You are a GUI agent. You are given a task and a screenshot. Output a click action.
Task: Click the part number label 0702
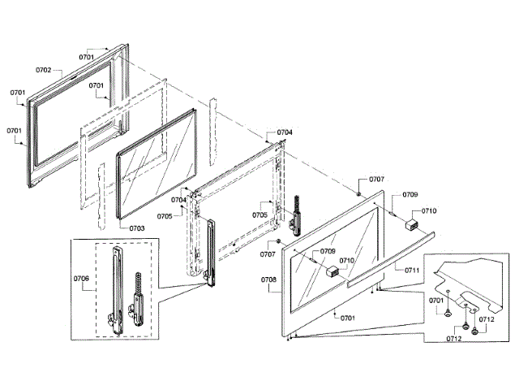[x=43, y=71]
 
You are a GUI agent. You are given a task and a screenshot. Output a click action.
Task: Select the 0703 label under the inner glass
[x=136, y=228]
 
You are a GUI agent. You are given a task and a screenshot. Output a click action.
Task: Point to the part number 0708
[x=268, y=279]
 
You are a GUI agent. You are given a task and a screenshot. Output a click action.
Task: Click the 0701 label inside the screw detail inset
[x=437, y=300]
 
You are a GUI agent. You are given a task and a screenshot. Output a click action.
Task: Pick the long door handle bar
[x=389, y=258]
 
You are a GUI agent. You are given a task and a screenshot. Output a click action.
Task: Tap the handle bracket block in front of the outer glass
[x=331, y=272]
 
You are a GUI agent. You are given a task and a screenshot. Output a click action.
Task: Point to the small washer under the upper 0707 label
[x=358, y=193]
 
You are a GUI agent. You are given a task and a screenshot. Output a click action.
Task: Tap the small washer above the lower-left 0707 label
[x=278, y=241]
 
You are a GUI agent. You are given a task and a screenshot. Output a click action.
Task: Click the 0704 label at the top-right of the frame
[x=284, y=132]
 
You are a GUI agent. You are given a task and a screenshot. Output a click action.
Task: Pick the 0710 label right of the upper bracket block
[x=429, y=210]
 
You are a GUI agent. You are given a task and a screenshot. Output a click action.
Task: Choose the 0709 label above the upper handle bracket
[x=410, y=195]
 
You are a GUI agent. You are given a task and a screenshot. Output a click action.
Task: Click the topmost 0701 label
[x=87, y=57]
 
